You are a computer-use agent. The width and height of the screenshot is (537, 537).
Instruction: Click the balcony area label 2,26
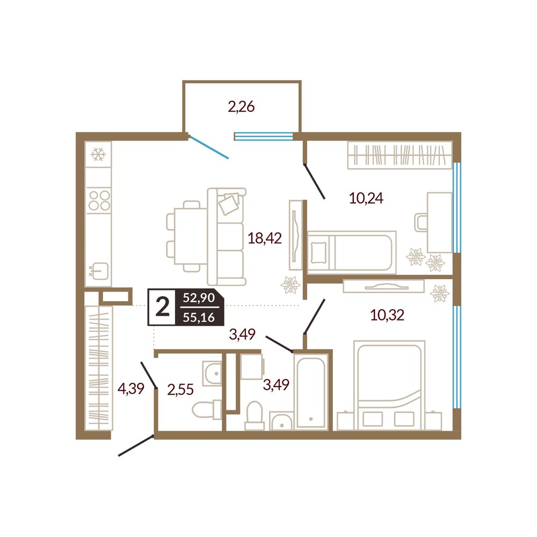click(242, 107)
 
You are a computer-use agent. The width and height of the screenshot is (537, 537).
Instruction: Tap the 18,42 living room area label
click(265, 238)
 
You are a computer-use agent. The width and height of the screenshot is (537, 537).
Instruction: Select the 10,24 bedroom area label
click(366, 198)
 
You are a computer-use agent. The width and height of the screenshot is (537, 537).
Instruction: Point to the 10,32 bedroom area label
click(387, 315)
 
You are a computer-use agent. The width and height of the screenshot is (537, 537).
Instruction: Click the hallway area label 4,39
click(131, 389)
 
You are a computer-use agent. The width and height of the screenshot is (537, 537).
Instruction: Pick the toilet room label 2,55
click(180, 389)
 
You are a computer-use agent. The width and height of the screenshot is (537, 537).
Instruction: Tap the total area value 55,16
click(199, 317)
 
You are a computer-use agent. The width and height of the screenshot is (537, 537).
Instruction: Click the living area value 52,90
click(199, 297)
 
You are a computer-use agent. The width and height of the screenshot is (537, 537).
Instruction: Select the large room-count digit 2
click(162, 307)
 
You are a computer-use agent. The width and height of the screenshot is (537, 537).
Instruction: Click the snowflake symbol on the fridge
click(98, 155)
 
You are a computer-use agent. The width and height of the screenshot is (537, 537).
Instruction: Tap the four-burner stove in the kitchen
click(99, 200)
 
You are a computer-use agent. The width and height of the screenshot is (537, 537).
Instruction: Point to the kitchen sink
click(99, 271)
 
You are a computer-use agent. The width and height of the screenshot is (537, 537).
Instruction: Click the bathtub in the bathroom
click(310, 391)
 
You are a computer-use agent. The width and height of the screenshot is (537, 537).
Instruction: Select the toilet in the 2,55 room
click(207, 410)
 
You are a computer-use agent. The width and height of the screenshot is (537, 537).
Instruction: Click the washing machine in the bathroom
click(252, 366)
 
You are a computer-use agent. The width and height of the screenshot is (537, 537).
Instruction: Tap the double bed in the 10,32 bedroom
click(389, 385)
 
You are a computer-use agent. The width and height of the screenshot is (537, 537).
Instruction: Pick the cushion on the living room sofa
click(228, 204)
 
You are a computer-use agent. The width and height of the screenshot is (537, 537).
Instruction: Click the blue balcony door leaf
click(209, 148)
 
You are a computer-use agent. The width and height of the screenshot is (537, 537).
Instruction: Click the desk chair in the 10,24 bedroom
click(421, 222)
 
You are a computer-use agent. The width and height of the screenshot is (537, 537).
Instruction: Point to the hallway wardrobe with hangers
click(99, 368)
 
